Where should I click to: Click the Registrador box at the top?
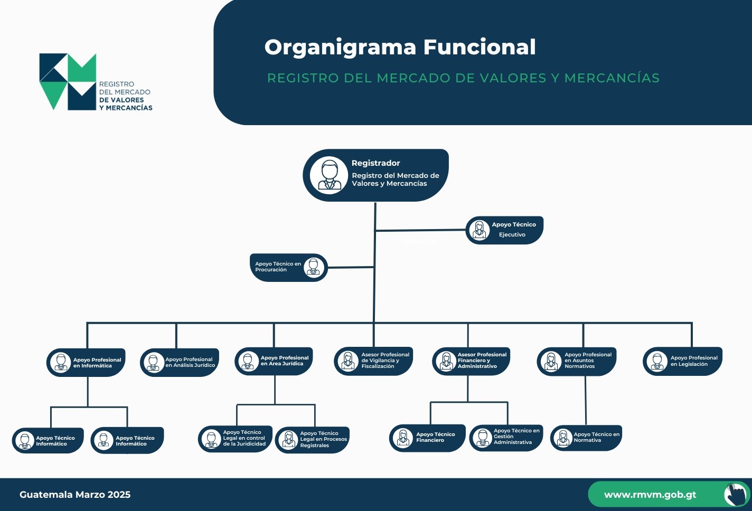pos(375,175)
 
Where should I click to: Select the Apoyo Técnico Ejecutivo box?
pos(504,230)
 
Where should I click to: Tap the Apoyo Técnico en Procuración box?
pos(289,268)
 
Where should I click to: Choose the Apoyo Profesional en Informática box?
pos(86,362)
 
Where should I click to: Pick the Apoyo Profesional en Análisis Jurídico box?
pos(180,362)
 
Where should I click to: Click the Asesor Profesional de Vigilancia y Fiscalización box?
pos(373,361)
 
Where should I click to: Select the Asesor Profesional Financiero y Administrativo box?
pos(471,361)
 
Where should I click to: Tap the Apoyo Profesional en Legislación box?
pos(682,361)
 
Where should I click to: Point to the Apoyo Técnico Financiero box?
pos(427,438)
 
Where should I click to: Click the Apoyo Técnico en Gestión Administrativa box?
pos(506,438)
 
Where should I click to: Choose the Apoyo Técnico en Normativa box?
pos(586,438)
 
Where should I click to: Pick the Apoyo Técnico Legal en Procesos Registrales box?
pos(312,440)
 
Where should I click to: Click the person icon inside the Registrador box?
pos(329,175)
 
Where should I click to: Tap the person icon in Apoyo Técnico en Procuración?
pos(314,268)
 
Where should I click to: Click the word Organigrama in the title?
pos(341,48)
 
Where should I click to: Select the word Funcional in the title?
pos(480,47)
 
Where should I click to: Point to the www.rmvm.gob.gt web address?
pos(650,495)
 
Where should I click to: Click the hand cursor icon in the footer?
pos(737,494)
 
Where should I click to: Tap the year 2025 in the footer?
pos(119,495)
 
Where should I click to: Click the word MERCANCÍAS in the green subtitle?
pos(612,78)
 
